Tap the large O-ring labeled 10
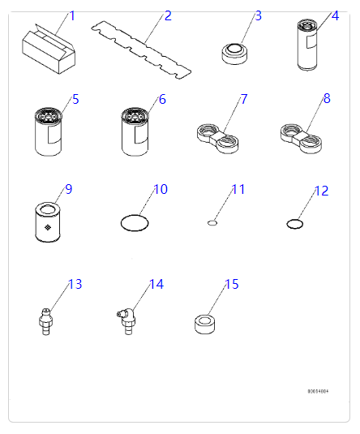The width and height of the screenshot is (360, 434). tap(134, 222)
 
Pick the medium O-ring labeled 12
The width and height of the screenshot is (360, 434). tap(296, 222)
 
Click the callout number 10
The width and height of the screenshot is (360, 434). tap(161, 190)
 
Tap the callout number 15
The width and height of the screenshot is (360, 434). tap(232, 285)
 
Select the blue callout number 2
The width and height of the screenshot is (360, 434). tap(167, 15)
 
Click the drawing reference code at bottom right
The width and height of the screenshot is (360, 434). tap(317, 391)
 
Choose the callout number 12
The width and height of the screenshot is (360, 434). tap(321, 191)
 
